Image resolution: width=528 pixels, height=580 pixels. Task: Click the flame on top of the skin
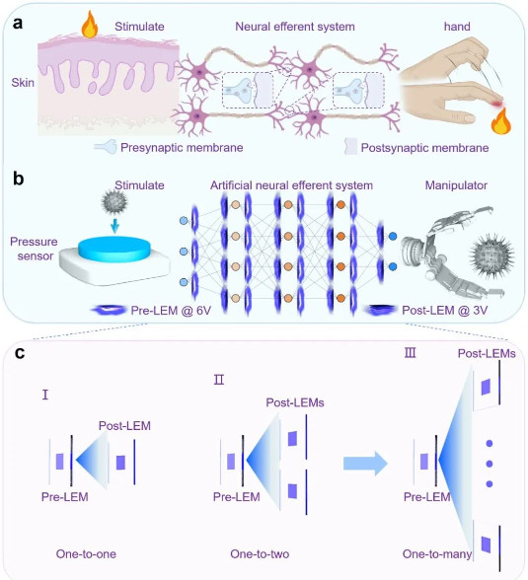pos(89,25)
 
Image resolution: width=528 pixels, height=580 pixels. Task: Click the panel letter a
pos(18,23)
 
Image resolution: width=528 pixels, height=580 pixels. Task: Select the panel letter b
pos(18,179)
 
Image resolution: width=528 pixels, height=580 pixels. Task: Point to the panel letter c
pos(20,353)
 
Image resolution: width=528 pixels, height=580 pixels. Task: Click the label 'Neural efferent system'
pos(295,27)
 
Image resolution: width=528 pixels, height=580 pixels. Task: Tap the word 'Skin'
pos(23,82)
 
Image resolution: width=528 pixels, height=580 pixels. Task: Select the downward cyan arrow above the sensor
pos(115,226)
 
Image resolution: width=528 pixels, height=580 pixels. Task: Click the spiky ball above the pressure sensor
pos(114,202)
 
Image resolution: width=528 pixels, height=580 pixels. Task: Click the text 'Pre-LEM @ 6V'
pos(171,311)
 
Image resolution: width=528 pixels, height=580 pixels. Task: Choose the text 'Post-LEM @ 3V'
pos(445,311)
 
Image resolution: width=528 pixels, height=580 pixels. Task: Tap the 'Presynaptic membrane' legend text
pos(182,148)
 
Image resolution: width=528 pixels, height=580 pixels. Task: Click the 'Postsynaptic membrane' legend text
pos(424,148)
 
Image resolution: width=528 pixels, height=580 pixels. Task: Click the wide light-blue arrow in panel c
pos(365,464)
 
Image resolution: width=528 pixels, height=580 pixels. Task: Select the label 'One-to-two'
pos(260,553)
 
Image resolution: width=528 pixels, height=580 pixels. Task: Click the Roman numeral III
pos(410,353)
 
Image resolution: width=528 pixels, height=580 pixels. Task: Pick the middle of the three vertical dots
pos(490,464)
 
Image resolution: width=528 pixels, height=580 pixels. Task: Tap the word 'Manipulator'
pos(456,185)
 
